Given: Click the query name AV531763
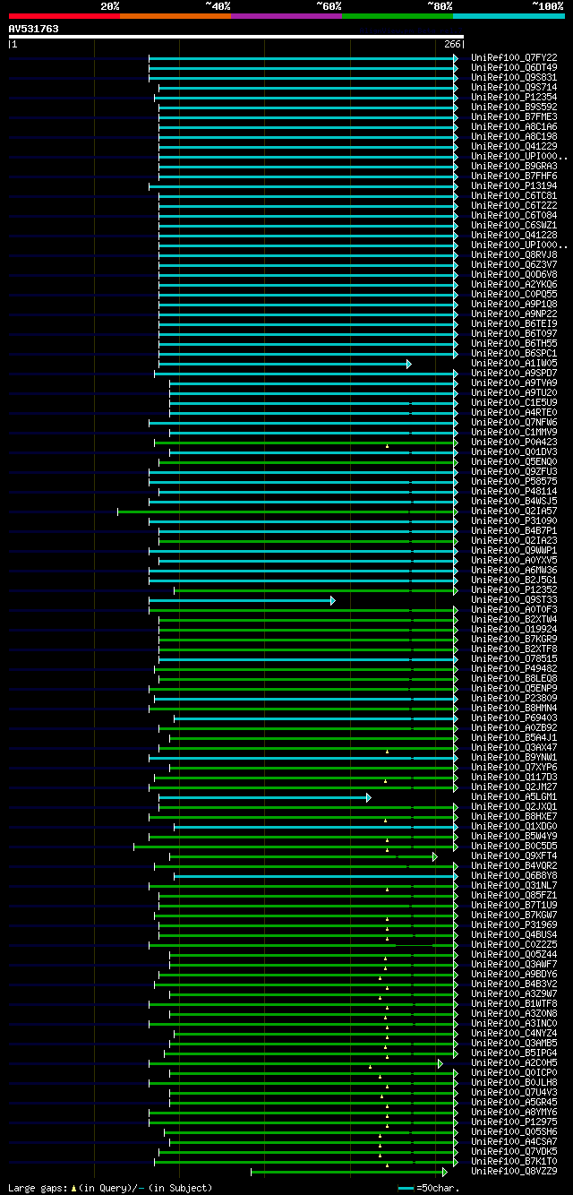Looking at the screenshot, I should pyautogui.click(x=33, y=29).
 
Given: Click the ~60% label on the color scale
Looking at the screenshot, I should pyautogui.click(x=329, y=6).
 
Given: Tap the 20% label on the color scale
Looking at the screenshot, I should pyautogui.click(x=110, y=6).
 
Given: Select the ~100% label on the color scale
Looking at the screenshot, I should pyautogui.click(x=548, y=6).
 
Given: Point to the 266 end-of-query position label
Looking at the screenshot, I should pyautogui.click(x=451, y=44).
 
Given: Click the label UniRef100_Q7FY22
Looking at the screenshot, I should pyautogui.click(x=514, y=57).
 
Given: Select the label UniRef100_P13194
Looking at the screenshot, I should pyautogui.click(x=514, y=185).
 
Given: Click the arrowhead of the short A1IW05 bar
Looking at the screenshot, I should pyautogui.click(x=408, y=364).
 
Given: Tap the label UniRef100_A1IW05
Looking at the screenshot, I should pyautogui.click(x=514, y=364).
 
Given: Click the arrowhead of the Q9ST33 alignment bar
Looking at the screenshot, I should pyautogui.click(x=332, y=600).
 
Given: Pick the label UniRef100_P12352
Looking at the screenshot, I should pyautogui.click(x=514, y=590).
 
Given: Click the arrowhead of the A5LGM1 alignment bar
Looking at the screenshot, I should pyautogui.click(x=368, y=797).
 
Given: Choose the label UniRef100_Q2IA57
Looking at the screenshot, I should pyautogui.click(x=514, y=512).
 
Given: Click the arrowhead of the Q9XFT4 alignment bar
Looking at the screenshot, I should pyautogui.click(x=435, y=856).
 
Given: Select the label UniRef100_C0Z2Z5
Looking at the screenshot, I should pyautogui.click(x=514, y=945).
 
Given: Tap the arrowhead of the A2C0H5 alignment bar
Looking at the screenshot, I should pyautogui.click(x=440, y=1063).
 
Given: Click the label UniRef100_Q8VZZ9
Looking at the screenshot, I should pyautogui.click(x=514, y=1172).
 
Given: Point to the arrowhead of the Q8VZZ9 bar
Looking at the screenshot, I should pyautogui.click(x=444, y=1172).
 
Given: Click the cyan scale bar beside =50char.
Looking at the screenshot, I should pyautogui.click(x=406, y=1188).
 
